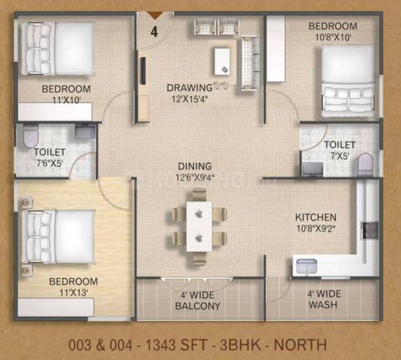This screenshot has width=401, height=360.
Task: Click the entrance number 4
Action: [154, 32]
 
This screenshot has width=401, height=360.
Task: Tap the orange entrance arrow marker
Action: [156, 15]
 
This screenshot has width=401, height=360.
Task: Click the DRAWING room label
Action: [189, 87]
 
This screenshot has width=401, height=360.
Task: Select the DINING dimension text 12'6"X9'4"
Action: [195, 177]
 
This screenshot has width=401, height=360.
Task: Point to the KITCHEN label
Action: [316, 218]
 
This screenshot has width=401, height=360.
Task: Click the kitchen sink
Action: [307, 266]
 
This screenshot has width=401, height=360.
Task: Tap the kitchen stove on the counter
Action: [370, 230]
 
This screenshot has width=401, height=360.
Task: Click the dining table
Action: [199, 227]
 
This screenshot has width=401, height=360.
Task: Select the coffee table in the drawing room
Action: [222, 61]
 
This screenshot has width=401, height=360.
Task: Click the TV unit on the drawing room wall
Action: [144, 71]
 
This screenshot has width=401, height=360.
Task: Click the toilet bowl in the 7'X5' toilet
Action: [366, 164]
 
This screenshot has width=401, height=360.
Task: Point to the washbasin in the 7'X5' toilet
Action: [312, 169]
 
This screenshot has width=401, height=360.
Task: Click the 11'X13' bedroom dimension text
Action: [73, 293]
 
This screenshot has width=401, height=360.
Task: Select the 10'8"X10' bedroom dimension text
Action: [333, 37]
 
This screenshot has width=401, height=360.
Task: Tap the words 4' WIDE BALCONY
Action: [197, 301]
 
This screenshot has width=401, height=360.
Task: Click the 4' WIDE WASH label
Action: [324, 299]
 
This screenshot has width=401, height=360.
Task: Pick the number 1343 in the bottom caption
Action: [161, 345]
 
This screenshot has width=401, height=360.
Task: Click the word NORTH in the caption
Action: [300, 345]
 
